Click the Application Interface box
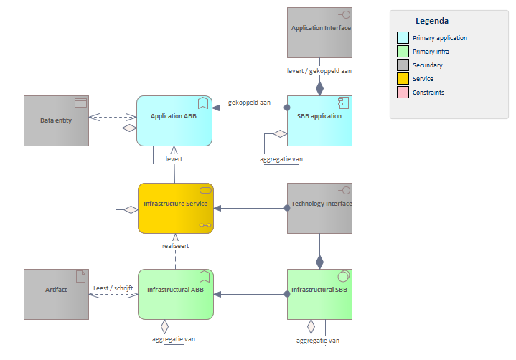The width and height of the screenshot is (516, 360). [x=319, y=32]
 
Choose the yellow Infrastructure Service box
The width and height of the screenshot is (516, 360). [x=176, y=208]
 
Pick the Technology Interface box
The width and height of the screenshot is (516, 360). [x=319, y=208]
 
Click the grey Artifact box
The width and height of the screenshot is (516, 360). [x=56, y=294]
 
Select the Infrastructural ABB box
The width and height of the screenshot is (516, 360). [x=176, y=294]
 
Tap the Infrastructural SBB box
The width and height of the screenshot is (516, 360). [x=319, y=294]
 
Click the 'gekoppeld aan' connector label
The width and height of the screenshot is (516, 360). [x=249, y=103]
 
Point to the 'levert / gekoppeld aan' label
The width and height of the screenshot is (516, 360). [x=319, y=71]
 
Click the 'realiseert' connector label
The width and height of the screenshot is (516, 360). [x=175, y=245]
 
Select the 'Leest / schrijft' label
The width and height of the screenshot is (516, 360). [x=113, y=288]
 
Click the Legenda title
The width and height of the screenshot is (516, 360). [x=432, y=22]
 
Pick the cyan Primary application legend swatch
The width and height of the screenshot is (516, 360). [x=403, y=38]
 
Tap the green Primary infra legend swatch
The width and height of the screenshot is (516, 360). [x=403, y=52]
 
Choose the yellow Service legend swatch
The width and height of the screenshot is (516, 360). [x=403, y=79]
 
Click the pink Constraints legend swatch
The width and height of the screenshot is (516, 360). [x=403, y=93]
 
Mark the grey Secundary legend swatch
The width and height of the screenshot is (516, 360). [x=403, y=65]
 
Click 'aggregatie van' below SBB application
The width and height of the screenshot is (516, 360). [x=281, y=158]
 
